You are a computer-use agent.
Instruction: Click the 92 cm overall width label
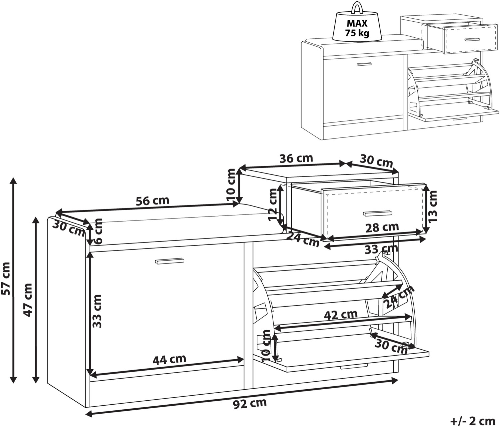(250, 403)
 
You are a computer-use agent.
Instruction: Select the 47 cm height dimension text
(28, 300)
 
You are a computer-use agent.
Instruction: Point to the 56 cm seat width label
(153, 201)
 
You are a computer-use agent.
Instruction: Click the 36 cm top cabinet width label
(296, 158)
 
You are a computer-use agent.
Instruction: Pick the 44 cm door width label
(169, 359)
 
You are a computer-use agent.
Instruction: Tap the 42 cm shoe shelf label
(341, 314)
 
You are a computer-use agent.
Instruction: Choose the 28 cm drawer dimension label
(382, 227)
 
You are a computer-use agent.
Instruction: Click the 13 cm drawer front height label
(432, 206)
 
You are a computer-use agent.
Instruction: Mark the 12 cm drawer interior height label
(274, 204)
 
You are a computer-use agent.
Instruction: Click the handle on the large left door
(170, 261)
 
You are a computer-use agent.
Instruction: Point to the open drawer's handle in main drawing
(378, 212)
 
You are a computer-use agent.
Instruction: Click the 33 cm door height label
(97, 311)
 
